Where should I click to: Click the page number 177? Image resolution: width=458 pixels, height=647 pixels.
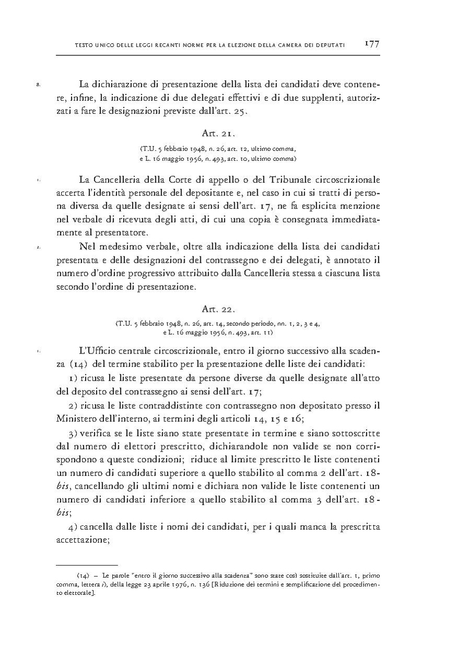coord(371,44)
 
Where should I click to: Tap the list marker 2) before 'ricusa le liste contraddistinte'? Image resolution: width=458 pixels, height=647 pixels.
coord(73,406)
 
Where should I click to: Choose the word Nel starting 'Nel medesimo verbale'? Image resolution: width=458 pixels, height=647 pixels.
coord(87,246)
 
